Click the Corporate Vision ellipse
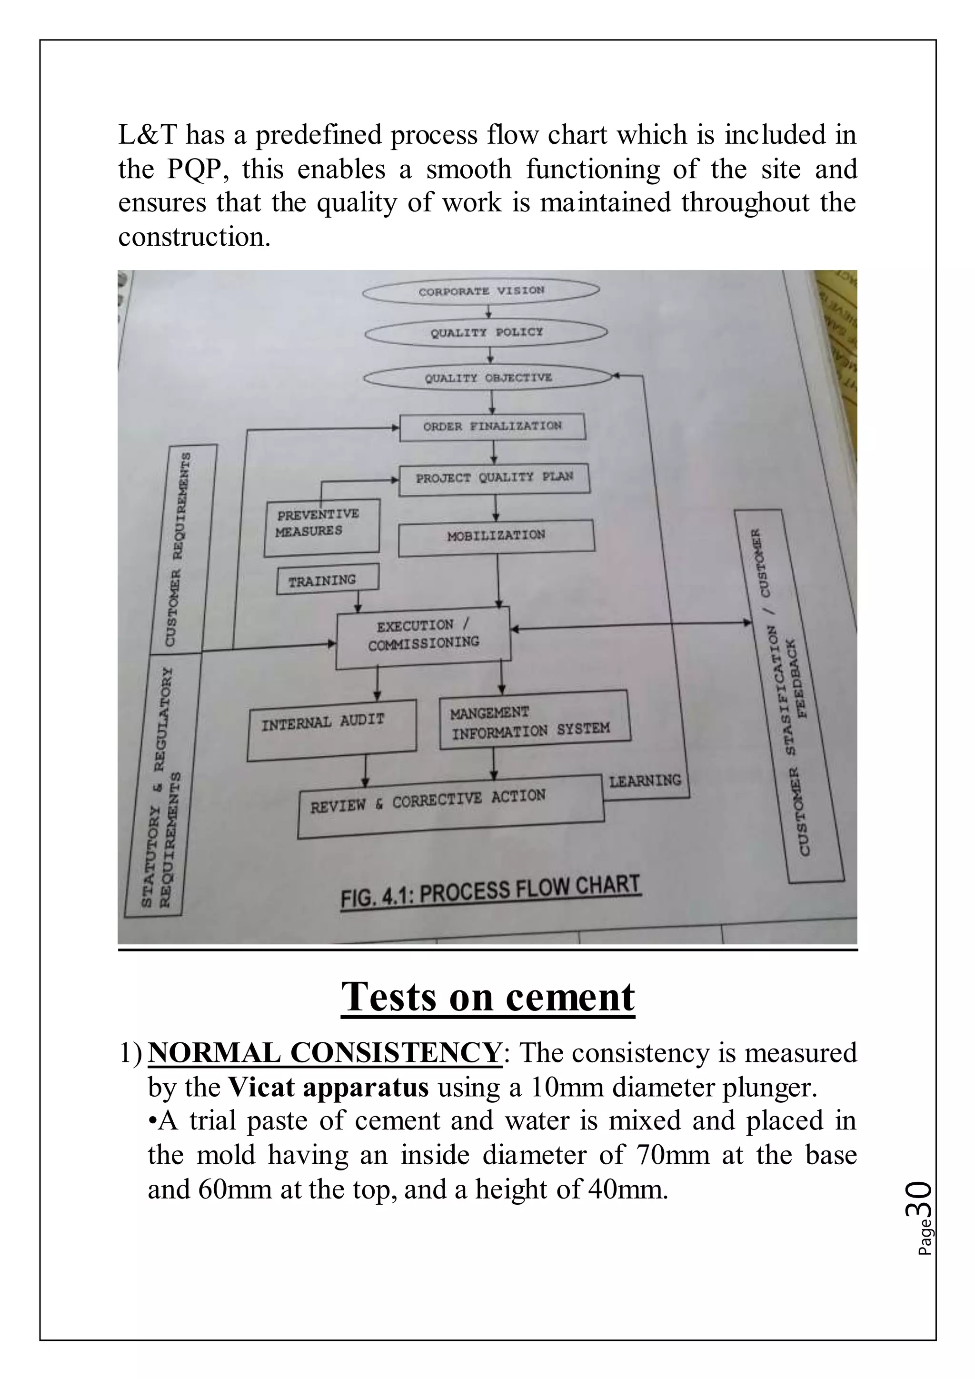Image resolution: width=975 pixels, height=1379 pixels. coord(481,291)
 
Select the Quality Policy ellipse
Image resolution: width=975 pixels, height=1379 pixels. coord(486,332)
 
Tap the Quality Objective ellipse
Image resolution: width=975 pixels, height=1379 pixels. coord(488,378)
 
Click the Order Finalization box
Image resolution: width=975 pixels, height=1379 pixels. coord(492,427)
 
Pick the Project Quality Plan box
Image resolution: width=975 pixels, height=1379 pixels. coord(494,478)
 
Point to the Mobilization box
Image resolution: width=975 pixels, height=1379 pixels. coord(496,535)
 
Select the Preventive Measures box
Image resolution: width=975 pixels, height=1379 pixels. coord(322,526)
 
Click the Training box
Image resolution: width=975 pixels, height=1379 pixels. coord(327,580)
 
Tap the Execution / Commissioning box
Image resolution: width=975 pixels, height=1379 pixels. coord(423,637)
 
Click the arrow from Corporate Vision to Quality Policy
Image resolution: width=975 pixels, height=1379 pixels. coord(489,312)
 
